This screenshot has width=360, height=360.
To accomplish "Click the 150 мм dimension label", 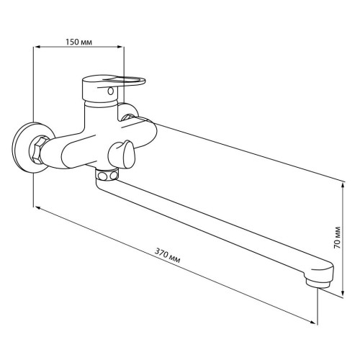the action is pyautogui.click(x=78, y=42).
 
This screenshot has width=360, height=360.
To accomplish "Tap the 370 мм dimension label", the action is pyautogui.click(x=167, y=256).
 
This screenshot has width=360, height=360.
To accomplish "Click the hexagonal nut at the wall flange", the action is pyautogui.click(x=38, y=150).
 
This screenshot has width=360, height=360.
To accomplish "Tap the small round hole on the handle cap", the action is pyautogui.click(x=110, y=91).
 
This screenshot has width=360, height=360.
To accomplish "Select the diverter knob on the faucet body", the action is pyautogui.click(x=121, y=155).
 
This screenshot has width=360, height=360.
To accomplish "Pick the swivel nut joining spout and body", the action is pyautogui.click(x=107, y=175).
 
